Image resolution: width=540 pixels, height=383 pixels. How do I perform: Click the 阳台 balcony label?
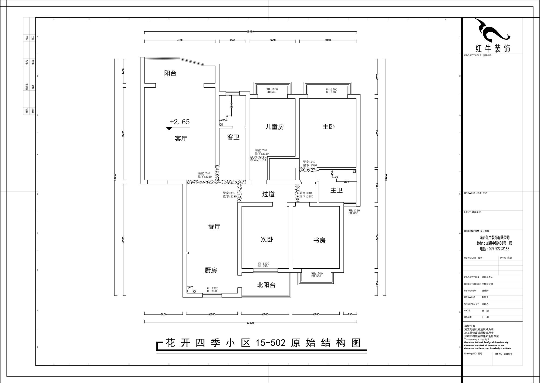pos(170,73)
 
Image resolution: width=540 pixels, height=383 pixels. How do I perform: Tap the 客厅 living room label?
pos(181,139)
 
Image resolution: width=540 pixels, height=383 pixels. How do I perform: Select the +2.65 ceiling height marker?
pos(180,122)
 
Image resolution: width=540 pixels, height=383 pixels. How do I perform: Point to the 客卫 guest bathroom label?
pos(233,137)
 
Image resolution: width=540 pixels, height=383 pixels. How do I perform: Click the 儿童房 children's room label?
pos(274,127)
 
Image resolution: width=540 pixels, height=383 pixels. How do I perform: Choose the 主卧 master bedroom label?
pos(328,126)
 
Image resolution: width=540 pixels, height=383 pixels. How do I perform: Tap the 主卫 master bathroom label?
pos(336,190)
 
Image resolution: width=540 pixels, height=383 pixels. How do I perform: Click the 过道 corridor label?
pos(268,194)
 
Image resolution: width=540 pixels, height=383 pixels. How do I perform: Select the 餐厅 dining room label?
pos(214,227)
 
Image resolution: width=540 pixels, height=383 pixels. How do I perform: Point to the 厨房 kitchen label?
pos(211,270)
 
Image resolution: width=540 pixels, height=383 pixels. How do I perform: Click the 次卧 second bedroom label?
pos(267,240)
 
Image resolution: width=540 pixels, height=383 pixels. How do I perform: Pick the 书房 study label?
pos(319,240)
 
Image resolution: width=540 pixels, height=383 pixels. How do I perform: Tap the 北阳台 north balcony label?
pos(266,285)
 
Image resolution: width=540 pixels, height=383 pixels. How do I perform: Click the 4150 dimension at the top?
pos(180,40)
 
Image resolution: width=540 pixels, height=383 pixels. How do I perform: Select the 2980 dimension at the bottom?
pos(212,314)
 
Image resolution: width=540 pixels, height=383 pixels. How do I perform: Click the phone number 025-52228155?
pos(494,249)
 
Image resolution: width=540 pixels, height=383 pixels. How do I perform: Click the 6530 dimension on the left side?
pos(123,239)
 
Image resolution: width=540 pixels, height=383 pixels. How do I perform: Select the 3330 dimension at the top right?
pos(328,40)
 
